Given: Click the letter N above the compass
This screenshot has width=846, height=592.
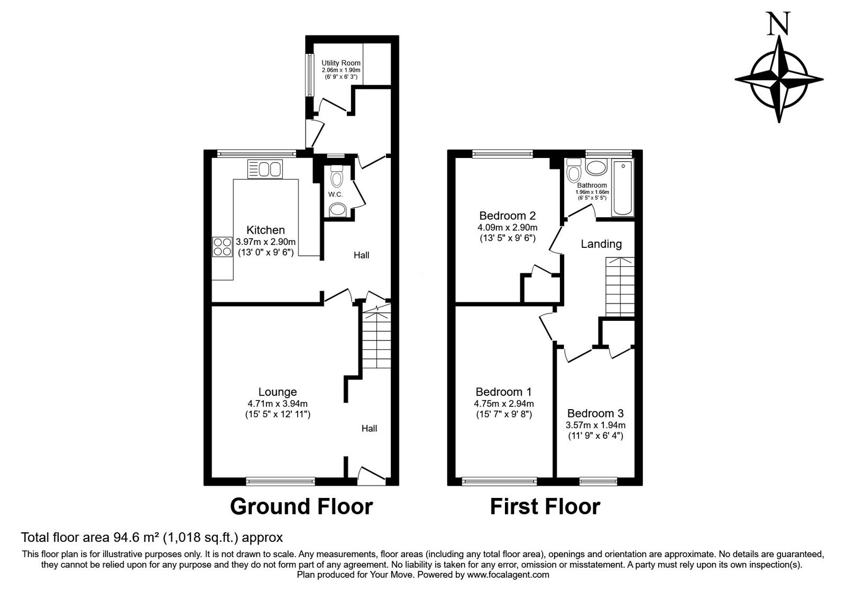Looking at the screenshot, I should click(x=779, y=23).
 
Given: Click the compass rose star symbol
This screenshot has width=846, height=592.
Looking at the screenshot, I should click(x=779, y=80).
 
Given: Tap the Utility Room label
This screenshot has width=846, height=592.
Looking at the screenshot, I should click(x=341, y=63).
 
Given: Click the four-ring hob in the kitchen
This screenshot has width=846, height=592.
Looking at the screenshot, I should click(x=222, y=247).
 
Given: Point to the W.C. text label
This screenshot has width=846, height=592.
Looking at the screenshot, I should click(x=336, y=195).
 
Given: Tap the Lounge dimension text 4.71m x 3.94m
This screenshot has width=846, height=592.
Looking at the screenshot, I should click(x=277, y=403).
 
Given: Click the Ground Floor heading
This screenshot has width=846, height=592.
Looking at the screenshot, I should click(x=301, y=506).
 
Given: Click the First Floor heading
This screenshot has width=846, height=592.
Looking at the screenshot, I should click(x=545, y=506).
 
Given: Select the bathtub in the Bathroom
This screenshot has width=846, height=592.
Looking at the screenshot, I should click(x=622, y=188).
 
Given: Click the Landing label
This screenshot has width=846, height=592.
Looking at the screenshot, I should click(x=601, y=244).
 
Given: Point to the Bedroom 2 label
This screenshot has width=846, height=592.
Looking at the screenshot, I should click(x=507, y=216).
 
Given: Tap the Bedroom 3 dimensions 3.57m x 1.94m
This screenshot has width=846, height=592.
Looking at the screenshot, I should click(x=595, y=425).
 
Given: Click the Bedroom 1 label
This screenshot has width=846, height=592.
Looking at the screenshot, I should click(x=503, y=392).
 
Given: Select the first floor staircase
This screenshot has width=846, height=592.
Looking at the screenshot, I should click(x=619, y=286).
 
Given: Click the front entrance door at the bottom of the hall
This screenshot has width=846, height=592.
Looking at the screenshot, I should click(x=372, y=475).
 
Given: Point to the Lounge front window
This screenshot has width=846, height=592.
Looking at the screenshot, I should click(x=280, y=481).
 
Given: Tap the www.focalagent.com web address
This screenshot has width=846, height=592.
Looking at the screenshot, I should click(x=508, y=575).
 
